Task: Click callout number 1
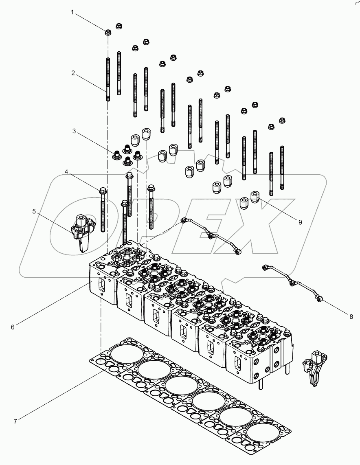(72, 13)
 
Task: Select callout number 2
(73, 73)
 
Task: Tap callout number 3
(74, 131)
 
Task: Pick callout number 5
(34, 211)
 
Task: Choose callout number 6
(13, 327)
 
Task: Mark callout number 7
(15, 421)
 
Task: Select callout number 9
(300, 222)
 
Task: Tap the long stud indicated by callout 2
(108, 79)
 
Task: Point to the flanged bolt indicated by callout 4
(103, 212)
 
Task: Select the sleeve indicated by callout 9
(255, 197)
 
